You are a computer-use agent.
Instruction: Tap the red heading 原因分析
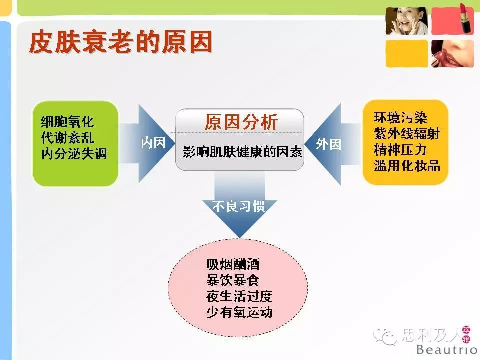click(x=241, y=122)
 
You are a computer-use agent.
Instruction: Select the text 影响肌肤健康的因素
click(x=243, y=151)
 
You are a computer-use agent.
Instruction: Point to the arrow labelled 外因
click(x=332, y=144)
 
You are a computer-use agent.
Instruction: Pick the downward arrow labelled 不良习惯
click(x=239, y=204)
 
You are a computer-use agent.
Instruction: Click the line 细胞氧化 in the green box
click(x=67, y=121)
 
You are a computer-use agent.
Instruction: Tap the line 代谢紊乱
click(x=67, y=137)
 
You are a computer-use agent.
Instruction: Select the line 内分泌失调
click(x=74, y=153)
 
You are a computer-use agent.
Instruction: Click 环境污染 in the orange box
click(x=400, y=117)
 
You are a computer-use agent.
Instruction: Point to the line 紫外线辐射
click(x=407, y=133)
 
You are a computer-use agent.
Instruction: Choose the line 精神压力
click(x=400, y=149)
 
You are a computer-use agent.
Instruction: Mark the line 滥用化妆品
click(x=407, y=165)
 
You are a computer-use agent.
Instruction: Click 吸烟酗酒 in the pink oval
click(x=233, y=264)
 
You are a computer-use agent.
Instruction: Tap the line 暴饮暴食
click(x=233, y=280)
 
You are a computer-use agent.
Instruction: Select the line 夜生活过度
click(x=239, y=296)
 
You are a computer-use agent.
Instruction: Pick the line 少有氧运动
click(x=239, y=312)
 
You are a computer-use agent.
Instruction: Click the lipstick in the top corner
click(x=467, y=18)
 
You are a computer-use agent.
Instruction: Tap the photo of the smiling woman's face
click(x=407, y=21)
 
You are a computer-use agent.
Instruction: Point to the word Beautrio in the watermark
click(x=447, y=349)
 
